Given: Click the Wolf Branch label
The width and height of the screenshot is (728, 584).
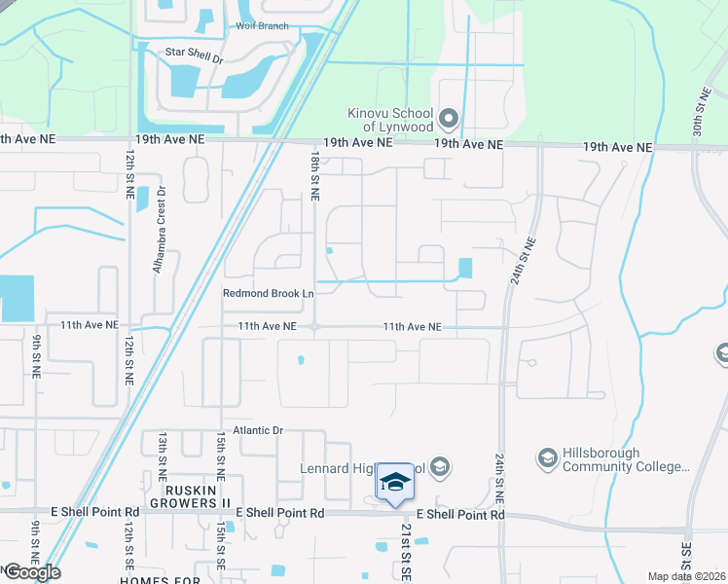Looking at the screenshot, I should pyautogui.click(x=261, y=26).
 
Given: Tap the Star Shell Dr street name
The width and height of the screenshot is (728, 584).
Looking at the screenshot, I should pyautogui.click(x=194, y=58).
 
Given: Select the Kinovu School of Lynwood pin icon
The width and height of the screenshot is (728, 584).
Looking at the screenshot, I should pyautogui.click(x=449, y=119).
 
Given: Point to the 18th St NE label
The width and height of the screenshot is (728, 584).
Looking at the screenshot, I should pyautogui.click(x=314, y=176).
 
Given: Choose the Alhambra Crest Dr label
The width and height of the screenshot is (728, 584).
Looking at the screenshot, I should pyautogui.click(x=162, y=217).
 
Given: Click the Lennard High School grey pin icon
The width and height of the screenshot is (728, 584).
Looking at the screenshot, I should pyautogui.click(x=440, y=468).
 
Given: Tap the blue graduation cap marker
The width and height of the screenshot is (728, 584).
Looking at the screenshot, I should pyautogui.click(x=394, y=482).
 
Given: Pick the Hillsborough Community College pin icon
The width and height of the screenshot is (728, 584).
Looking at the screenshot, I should pyautogui.click(x=547, y=457).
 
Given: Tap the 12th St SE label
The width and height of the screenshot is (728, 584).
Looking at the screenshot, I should pyautogui.click(x=128, y=544).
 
